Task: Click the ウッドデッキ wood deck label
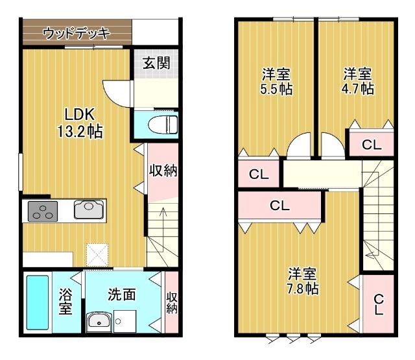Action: [x=77, y=33]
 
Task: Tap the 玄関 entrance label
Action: [x=156, y=64]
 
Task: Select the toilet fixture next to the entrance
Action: [x=161, y=123]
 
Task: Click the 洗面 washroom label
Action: [x=121, y=294]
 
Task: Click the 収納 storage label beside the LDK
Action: [x=163, y=171]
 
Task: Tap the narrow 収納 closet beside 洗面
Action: [x=171, y=303]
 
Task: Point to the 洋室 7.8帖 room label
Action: [x=302, y=280]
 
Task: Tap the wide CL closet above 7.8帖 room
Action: [x=279, y=207]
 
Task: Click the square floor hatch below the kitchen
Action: [x=98, y=253]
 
